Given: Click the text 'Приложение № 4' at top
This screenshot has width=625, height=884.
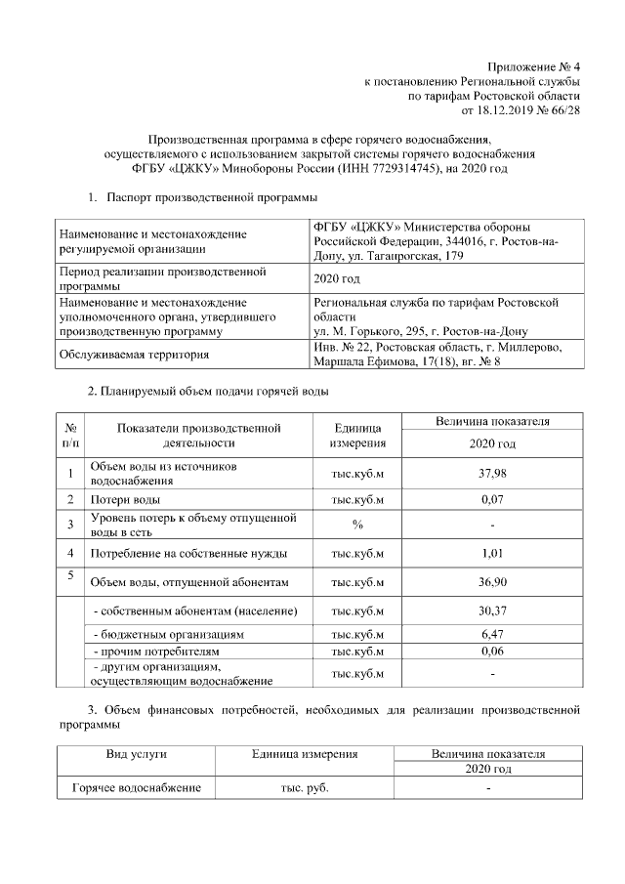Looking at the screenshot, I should (x=536, y=65).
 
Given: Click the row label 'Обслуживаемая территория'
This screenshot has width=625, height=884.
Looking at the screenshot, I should (x=133, y=356).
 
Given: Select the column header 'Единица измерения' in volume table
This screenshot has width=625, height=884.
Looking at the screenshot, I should (x=357, y=436).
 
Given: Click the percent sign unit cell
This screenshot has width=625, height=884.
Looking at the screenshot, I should (x=357, y=525).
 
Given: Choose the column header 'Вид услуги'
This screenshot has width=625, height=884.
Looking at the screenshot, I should (x=136, y=754).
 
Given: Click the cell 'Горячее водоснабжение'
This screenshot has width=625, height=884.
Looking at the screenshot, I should (x=136, y=787).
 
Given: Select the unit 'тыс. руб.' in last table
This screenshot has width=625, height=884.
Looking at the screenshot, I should (x=305, y=787).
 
